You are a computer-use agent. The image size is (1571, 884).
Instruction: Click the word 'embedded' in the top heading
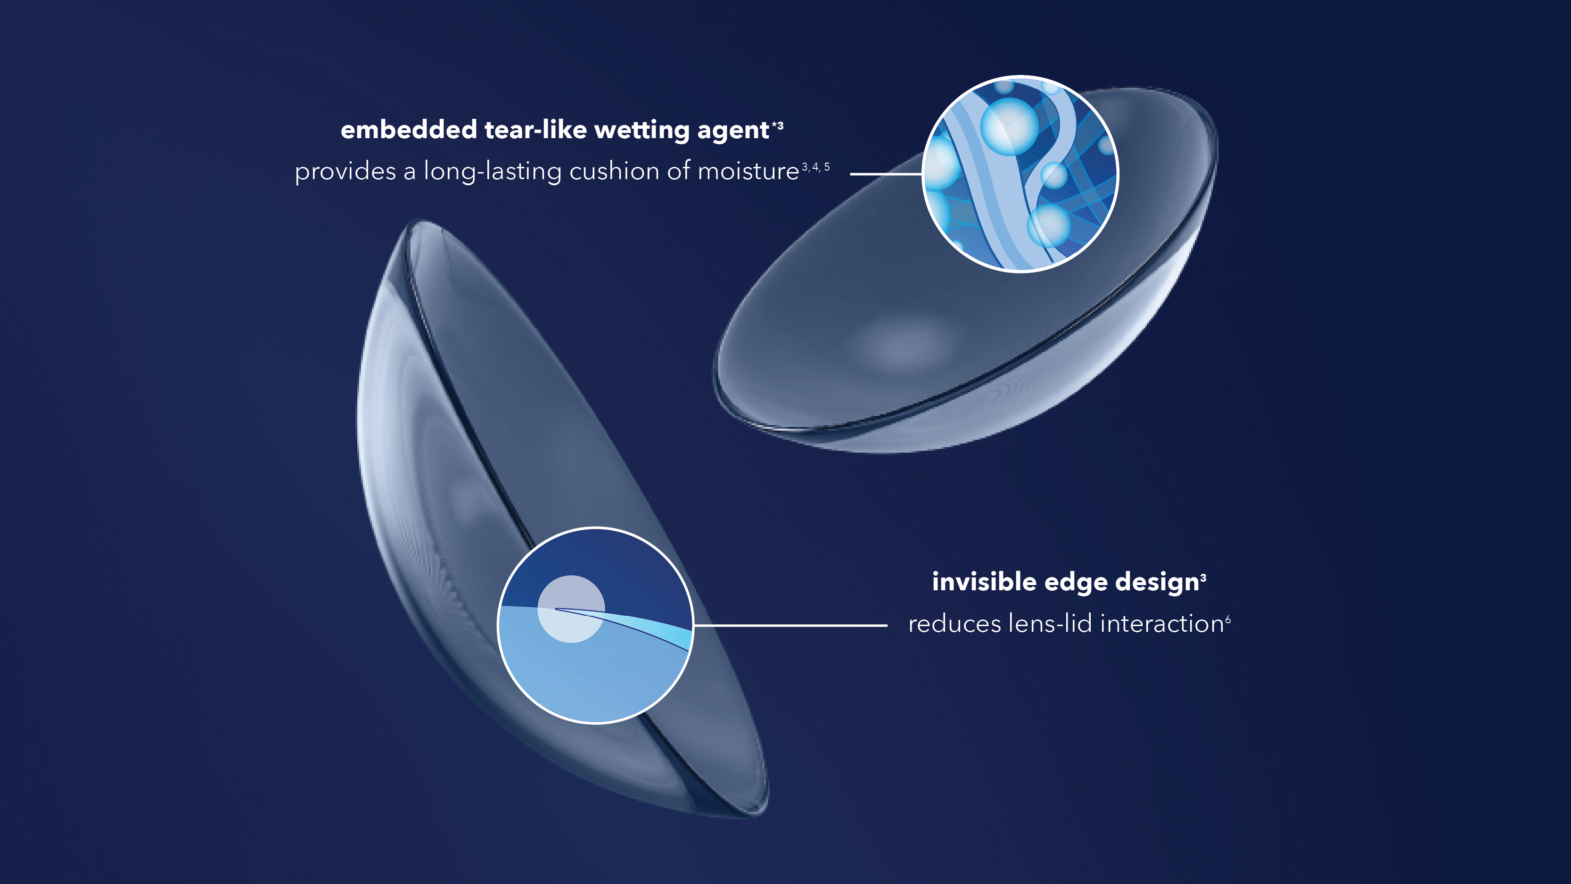tap(408, 130)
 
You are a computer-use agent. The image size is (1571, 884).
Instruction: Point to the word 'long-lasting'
tap(492, 172)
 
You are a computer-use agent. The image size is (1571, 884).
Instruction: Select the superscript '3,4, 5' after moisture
tap(815, 166)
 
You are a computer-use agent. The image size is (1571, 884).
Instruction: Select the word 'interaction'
tap(1162, 623)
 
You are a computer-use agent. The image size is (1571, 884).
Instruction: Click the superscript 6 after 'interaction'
tap(1228, 619)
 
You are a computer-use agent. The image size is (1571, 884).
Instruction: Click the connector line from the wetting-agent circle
tap(886, 174)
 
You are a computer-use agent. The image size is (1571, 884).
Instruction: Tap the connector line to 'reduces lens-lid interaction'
tap(790, 625)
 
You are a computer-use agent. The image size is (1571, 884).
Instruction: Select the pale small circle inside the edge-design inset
tap(571, 609)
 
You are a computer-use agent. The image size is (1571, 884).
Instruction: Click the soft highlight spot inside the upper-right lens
tap(903, 342)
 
